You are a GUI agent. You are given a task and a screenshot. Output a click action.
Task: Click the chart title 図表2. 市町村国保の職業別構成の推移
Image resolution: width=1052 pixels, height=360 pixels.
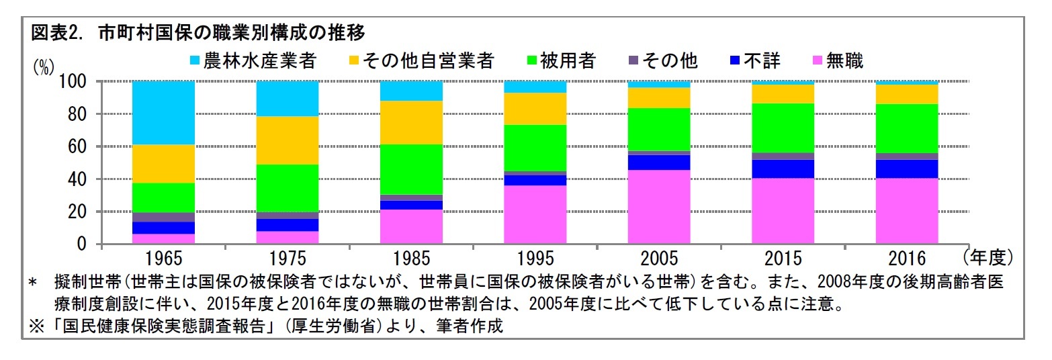coord(198,32)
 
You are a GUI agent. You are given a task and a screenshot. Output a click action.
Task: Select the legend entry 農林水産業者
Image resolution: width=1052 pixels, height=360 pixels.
coord(253,61)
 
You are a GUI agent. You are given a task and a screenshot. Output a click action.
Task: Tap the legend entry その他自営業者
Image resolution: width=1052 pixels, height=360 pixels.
coord(421,61)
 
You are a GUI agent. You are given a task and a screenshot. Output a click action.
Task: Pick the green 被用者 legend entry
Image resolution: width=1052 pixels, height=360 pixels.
coord(560,61)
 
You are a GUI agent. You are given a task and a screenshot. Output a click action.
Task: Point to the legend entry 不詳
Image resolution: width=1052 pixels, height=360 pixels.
coord(755,61)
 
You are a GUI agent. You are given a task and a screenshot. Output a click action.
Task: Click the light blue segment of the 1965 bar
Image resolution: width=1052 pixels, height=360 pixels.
coord(164,113)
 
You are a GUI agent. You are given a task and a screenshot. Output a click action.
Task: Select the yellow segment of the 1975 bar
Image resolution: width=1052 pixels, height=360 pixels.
coord(288,140)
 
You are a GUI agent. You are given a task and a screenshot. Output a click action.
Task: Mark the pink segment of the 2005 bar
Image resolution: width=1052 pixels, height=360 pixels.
coord(659,207)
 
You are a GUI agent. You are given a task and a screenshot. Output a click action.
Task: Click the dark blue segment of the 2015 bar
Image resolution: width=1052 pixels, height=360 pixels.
coord(783,169)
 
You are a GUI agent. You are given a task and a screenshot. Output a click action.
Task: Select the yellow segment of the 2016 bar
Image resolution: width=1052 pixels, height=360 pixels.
coord(907,94)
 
